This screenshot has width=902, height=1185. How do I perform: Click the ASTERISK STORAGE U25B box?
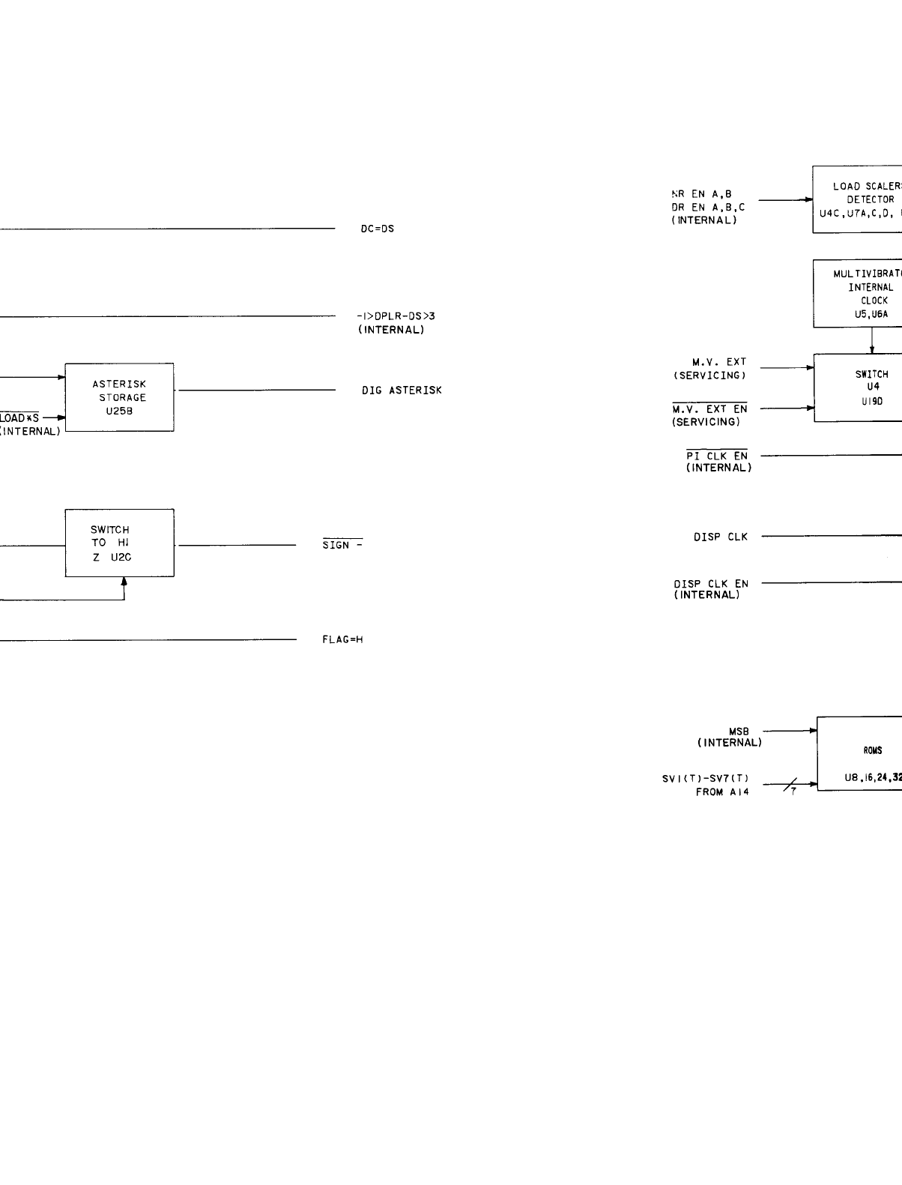coord(120,397)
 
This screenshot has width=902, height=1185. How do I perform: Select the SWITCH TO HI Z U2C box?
coord(120,543)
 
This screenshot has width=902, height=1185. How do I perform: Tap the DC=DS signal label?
coord(378,229)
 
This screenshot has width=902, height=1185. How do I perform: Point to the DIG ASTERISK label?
coord(402,391)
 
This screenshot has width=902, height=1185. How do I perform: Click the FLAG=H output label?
coord(342,619)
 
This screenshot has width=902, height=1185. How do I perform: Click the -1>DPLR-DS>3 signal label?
coord(396,316)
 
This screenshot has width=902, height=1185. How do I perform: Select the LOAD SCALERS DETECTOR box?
coord(858,199)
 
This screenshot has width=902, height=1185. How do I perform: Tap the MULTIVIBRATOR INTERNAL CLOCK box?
coord(858,294)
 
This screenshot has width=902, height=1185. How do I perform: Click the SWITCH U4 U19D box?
coord(858,388)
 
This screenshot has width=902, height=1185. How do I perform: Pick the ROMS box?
coord(859,754)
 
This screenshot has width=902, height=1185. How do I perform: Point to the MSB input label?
coord(739,731)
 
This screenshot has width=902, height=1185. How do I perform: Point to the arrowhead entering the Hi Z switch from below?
coord(124,581)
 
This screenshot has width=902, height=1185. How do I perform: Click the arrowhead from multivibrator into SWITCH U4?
coord(872,350)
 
